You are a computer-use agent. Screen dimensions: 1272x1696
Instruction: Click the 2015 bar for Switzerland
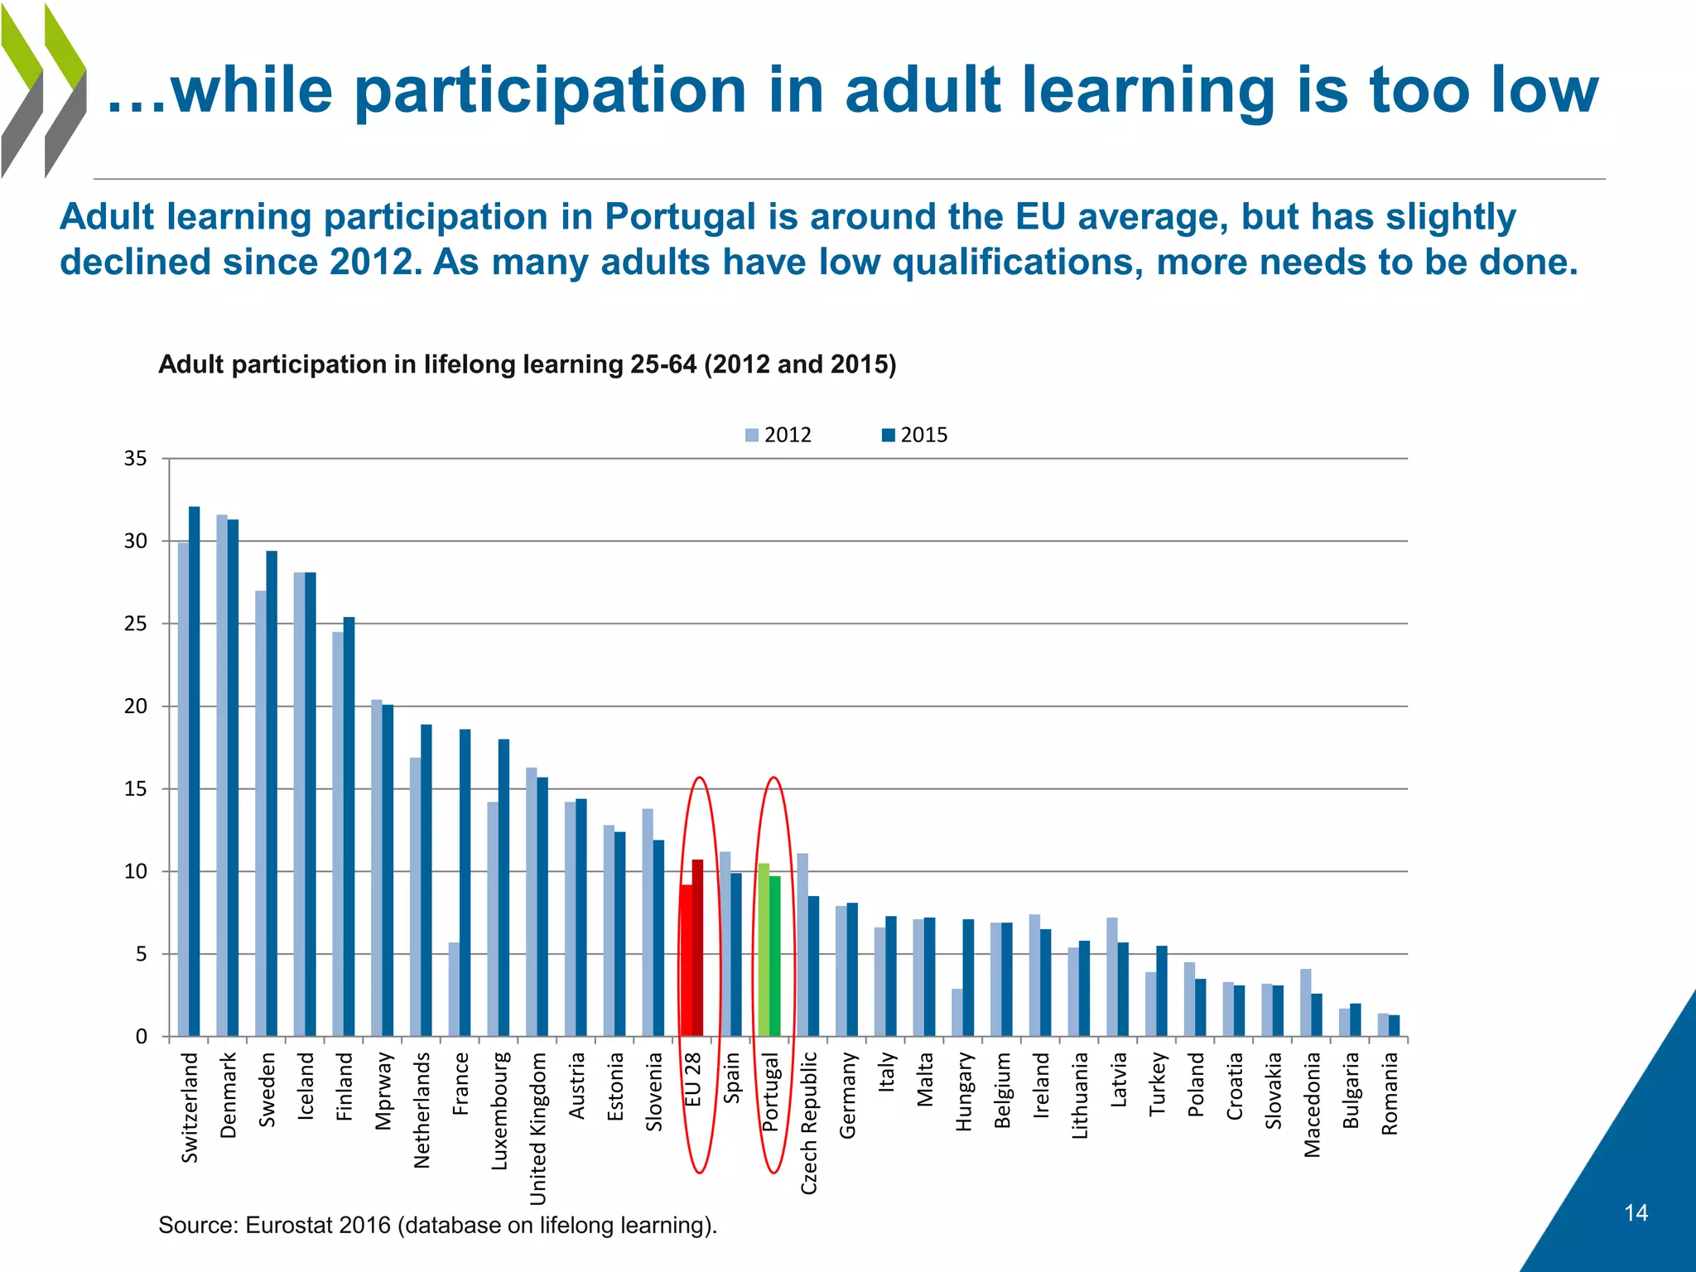click(x=194, y=770)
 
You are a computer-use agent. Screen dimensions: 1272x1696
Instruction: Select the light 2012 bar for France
click(x=454, y=989)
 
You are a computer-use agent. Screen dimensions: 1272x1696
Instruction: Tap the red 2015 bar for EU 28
click(x=698, y=947)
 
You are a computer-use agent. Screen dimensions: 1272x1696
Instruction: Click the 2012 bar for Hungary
click(x=957, y=1012)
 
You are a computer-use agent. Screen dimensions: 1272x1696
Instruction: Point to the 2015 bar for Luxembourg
click(x=503, y=886)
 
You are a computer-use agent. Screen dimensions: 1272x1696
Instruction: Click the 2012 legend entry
click(x=778, y=435)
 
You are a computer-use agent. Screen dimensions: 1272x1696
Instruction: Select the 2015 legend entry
click(x=914, y=435)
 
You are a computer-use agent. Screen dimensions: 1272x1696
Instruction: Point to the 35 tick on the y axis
click(x=136, y=459)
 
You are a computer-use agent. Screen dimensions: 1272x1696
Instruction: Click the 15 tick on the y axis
click(x=136, y=789)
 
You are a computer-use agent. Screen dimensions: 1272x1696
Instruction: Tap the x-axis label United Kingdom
click(x=538, y=1128)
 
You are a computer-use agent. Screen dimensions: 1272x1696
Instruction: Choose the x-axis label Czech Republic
click(x=809, y=1123)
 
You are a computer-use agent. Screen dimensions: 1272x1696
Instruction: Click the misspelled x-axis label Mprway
click(x=383, y=1091)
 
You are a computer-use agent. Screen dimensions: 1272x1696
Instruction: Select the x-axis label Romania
click(x=1390, y=1093)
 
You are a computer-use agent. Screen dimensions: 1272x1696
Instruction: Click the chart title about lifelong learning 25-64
click(x=527, y=364)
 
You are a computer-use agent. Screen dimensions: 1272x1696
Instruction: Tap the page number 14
click(x=1636, y=1213)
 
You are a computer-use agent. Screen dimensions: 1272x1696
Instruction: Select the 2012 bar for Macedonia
click(x=1306, y=1002)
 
